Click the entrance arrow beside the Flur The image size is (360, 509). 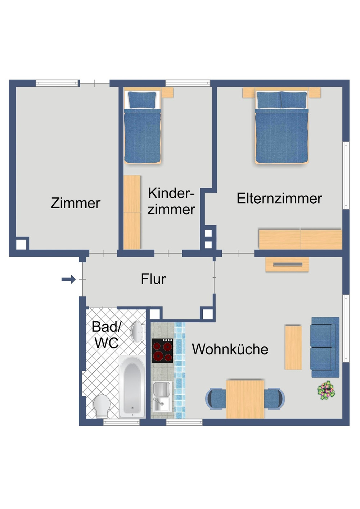point(68,279)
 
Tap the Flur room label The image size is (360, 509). point(153,279)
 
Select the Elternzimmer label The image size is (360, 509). point(279,199)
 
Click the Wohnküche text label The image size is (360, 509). point(230,349)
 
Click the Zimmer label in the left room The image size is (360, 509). point(75,203)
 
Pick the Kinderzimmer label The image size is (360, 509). point(171,201)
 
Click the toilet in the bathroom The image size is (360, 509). point(102,405)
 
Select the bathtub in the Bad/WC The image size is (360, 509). point(132,386)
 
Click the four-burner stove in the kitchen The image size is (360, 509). point(162,351)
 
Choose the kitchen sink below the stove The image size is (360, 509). point(162,396)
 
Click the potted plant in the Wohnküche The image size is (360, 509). point(326,390)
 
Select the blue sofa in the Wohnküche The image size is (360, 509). point(324,347)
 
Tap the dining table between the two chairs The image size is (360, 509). point(245,399)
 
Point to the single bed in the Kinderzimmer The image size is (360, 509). point(142,128)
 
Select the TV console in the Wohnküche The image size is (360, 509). point(287,264)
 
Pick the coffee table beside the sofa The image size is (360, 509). point(293,347)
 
